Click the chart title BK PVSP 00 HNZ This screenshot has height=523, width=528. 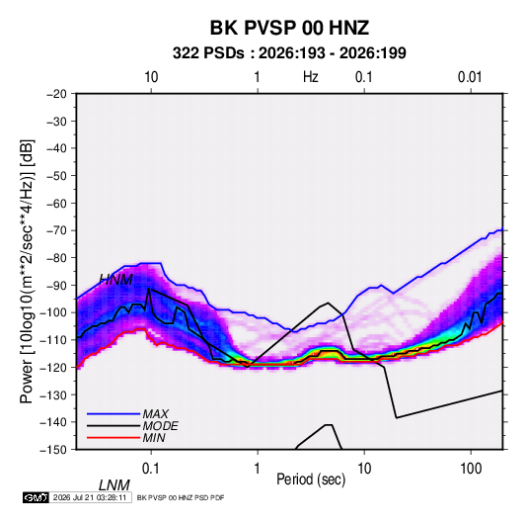click(289, 28)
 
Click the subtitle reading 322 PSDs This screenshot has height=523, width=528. click(208, 53)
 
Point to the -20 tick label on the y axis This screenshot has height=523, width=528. click(56, 94)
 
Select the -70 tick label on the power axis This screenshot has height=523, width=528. click(56, 230)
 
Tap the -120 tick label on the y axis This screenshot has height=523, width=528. click(53, 367)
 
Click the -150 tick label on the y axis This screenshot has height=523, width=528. click(53, 450)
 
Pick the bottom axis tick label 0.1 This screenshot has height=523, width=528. click(151, 469)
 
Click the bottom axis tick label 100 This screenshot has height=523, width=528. click(471, 469)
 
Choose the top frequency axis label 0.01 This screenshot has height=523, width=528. click(470, 77)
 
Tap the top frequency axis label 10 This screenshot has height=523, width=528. click(151, 77)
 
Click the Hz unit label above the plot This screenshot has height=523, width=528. click(311, 77)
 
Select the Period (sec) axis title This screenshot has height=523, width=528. click(311, 479)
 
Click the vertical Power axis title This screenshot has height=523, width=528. click(27, 271)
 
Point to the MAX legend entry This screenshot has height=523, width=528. click(155, 414)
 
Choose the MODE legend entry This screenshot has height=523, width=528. click(160, 426)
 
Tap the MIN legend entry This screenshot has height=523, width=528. click(154, 438)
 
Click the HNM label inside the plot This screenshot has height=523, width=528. click(116, 280)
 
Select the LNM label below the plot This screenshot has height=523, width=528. click(114, 485)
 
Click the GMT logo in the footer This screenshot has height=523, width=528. click(36, 497)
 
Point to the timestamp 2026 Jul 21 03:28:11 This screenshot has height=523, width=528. click(90, 497)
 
